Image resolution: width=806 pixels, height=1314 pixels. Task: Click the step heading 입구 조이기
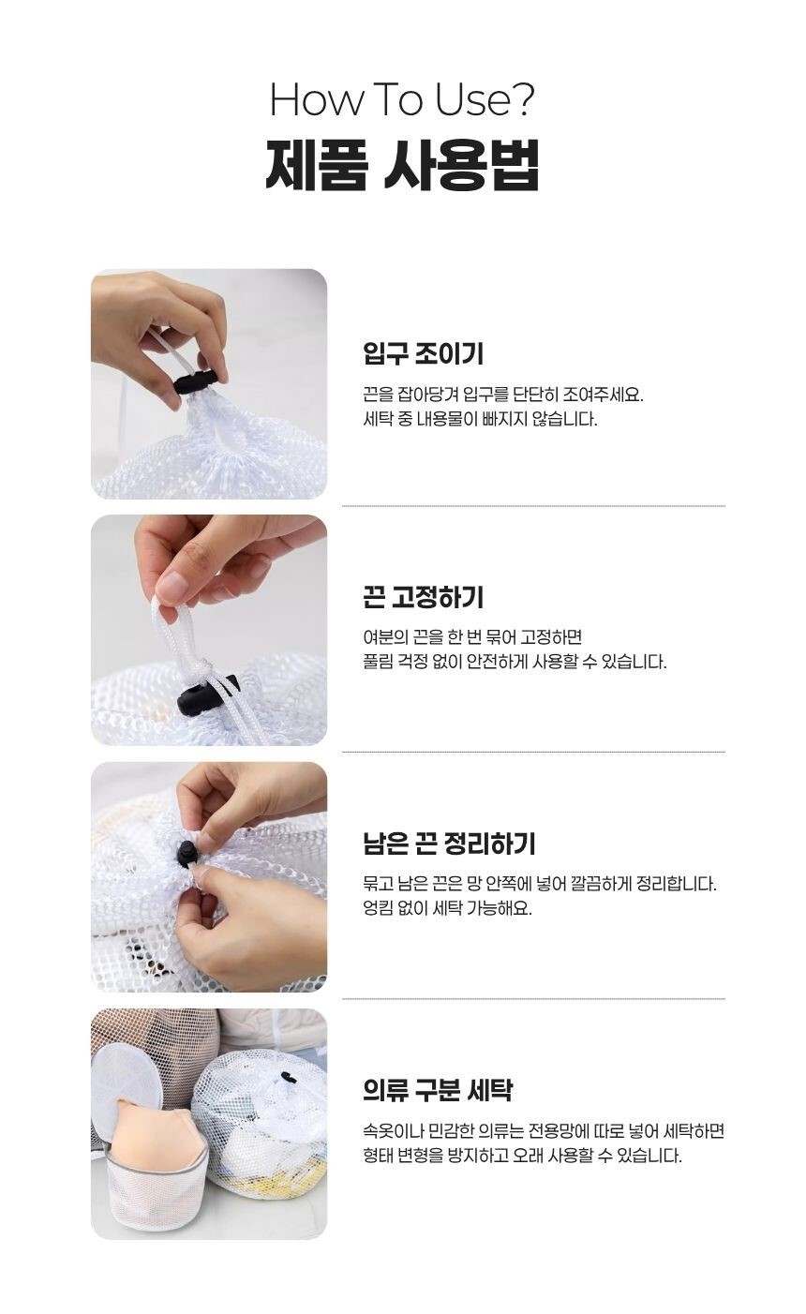click(423, 354)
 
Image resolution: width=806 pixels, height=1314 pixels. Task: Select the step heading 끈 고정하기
click(423, 597)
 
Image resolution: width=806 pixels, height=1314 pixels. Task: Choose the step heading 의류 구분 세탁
click(437, 1090)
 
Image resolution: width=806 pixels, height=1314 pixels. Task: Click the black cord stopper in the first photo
click(195, 381)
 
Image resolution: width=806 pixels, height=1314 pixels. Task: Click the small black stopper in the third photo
click(187, 853)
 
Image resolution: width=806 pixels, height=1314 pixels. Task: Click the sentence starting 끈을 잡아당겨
click(503, 394)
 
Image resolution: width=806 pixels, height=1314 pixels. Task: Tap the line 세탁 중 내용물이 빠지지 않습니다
click(479, 419)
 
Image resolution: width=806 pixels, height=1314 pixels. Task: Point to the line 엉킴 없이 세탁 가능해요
click(446, 908)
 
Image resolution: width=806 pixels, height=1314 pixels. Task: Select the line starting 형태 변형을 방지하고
click(521, 1156)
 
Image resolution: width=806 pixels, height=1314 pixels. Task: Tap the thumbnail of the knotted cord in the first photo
click(208, 383)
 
